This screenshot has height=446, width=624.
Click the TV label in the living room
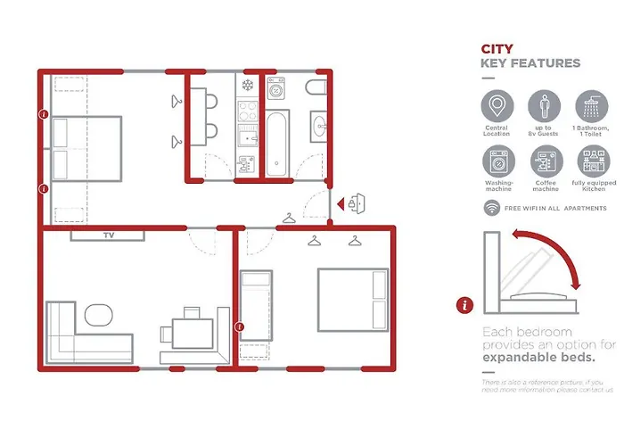click(109, 236)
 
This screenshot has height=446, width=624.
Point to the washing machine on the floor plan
click(276, 89)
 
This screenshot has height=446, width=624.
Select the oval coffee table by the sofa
click(98, 315)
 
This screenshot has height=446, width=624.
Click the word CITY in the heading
click(497, 49)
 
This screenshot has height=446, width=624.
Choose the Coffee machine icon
click(546, 162)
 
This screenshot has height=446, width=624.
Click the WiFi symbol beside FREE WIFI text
click(491, 207)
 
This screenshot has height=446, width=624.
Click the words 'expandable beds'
click(538, 359)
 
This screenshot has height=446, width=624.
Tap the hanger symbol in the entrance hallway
click(289, 218)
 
